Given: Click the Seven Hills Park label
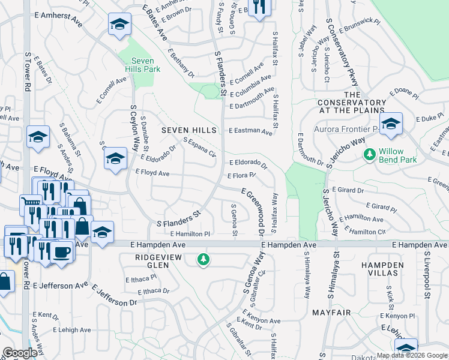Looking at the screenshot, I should (139, 65).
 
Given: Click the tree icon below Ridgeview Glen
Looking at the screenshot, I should (204, 259).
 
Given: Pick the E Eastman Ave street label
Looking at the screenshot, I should (250, 130).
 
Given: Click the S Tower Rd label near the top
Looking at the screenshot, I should (28, 70).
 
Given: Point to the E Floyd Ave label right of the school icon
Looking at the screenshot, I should (152, 173).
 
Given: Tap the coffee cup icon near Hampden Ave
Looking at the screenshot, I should (61, 250).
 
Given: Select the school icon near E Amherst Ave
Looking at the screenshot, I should (119, 25).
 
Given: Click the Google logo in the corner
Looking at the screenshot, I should (20, 353).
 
